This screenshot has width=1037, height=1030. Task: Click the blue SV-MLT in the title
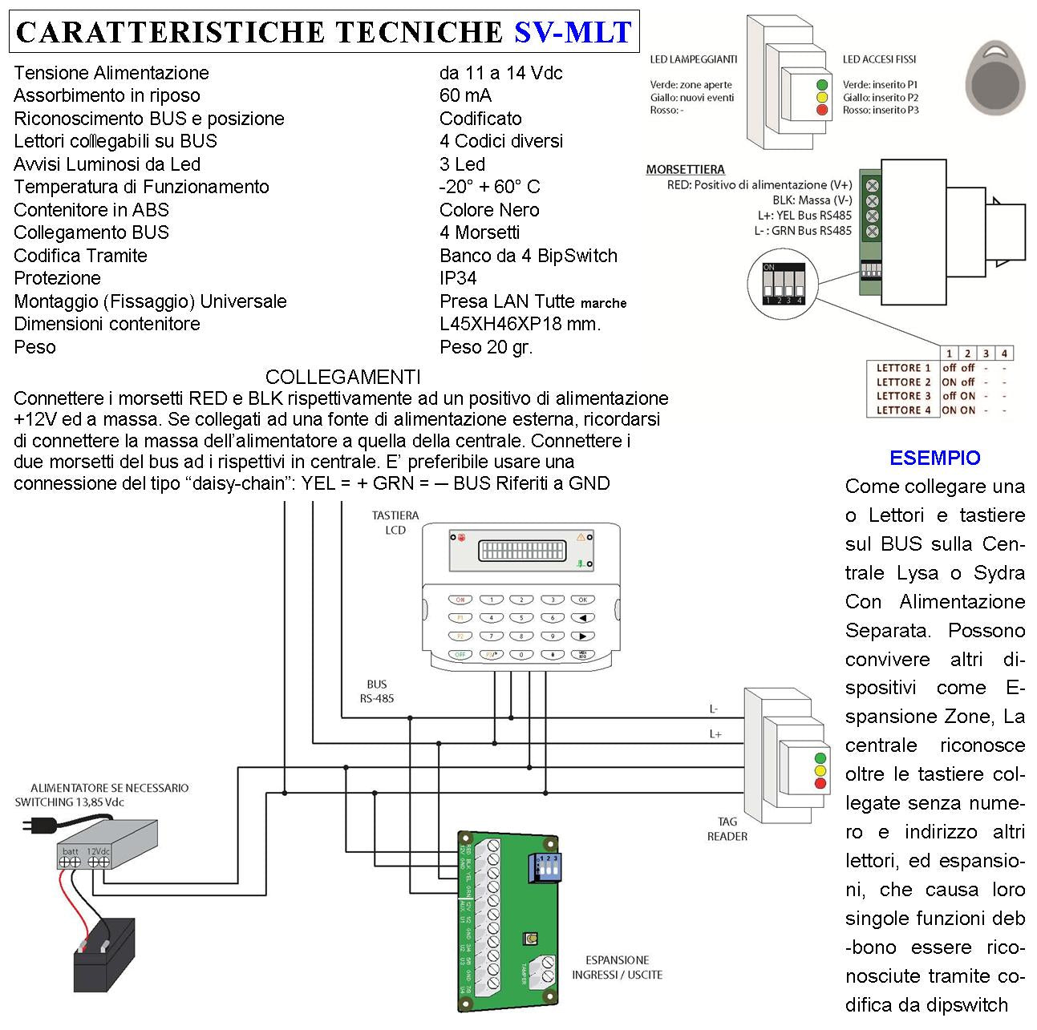572,32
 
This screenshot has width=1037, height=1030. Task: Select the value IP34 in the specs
458,278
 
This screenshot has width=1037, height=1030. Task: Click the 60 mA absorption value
465,95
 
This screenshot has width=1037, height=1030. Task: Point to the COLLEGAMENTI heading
342,377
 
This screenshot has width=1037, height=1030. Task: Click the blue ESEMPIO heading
934,458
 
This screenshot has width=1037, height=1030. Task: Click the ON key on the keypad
460,600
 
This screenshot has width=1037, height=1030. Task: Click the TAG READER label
727,829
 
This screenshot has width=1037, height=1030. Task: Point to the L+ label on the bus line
715,734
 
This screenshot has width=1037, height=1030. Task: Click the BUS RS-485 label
376,691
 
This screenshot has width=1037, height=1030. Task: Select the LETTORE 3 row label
903,396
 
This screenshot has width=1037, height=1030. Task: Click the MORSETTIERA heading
685,170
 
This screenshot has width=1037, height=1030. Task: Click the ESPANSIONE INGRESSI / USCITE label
617,967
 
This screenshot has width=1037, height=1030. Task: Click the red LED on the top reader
820,110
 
